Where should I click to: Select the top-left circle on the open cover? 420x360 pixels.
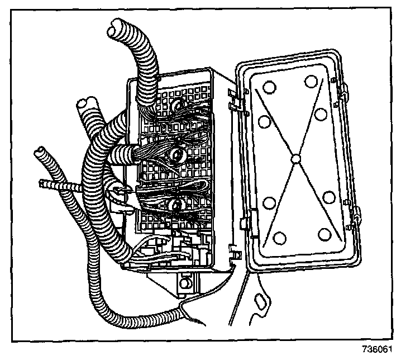(268, 88)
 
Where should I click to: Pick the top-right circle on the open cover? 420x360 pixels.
(311, 80)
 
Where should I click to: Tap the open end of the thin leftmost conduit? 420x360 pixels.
(40, 151)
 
